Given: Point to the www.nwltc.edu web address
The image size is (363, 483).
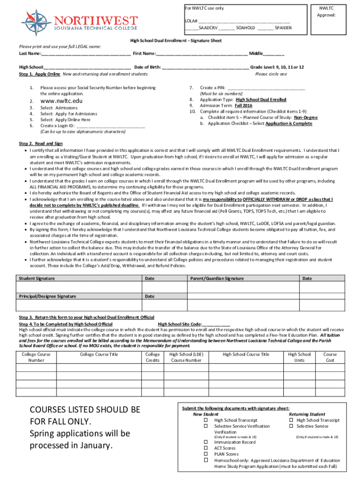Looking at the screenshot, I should [61, 101].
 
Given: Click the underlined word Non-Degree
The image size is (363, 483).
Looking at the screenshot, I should [305, 117].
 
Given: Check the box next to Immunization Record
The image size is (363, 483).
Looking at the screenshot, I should [206, 442].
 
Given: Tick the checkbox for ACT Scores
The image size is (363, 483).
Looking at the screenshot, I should [206, 448].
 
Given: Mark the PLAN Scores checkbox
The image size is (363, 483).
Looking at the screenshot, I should [206, 454].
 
